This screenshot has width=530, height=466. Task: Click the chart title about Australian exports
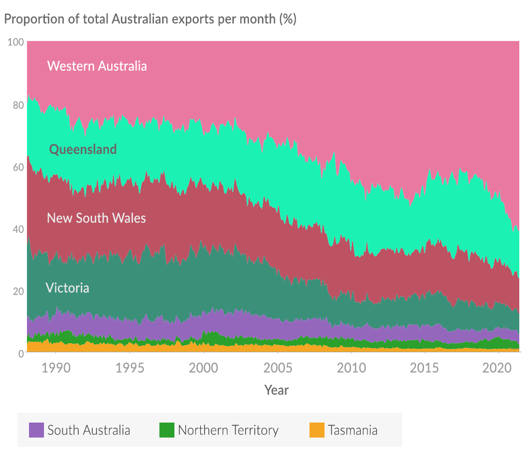pyautogui.click(x=150, y=19)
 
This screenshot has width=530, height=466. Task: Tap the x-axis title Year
pyautogui.click(x=276, y=390)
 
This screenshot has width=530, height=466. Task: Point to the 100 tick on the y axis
pyautogui.click(x=16, y=42)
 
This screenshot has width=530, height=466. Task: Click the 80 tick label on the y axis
pyautogui.click(x=18, y=104)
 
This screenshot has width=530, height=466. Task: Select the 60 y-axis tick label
pyautogui.click(x=18, y=167)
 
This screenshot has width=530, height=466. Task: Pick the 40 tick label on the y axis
pyautogui.click(x=18, y=229)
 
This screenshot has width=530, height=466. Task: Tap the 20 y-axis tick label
pyautogui.click(x=18, y=291)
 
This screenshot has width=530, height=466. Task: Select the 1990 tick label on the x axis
pyautogui.click(x=56, y=368)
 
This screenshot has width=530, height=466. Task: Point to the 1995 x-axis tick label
pyautogui.click(x=129, y=368)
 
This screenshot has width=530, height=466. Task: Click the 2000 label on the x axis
pyautogui.click(x=203, y=368)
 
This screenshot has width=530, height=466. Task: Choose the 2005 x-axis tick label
pyautogui.click(x=277, y=368)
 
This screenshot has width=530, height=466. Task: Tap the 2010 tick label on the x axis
pyautogui.click(x=351, y=368)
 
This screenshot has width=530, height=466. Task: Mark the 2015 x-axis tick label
pyautogui.click(x=425, y=368)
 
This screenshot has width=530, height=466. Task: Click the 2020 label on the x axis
pyautogui.click(x=498, y=368)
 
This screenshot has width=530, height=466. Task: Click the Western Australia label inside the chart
pyautogui.click(x=97, y=66)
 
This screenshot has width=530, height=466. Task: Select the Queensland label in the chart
pyautogui.click(x=83, y=149)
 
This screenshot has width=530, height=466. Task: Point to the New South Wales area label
pyautogui.click(x=96, y=218)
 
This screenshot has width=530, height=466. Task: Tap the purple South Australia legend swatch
pyautogui.click(x=36, y=430)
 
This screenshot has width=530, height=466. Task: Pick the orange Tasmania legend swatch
pyautogui.click(x=317, y=430)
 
